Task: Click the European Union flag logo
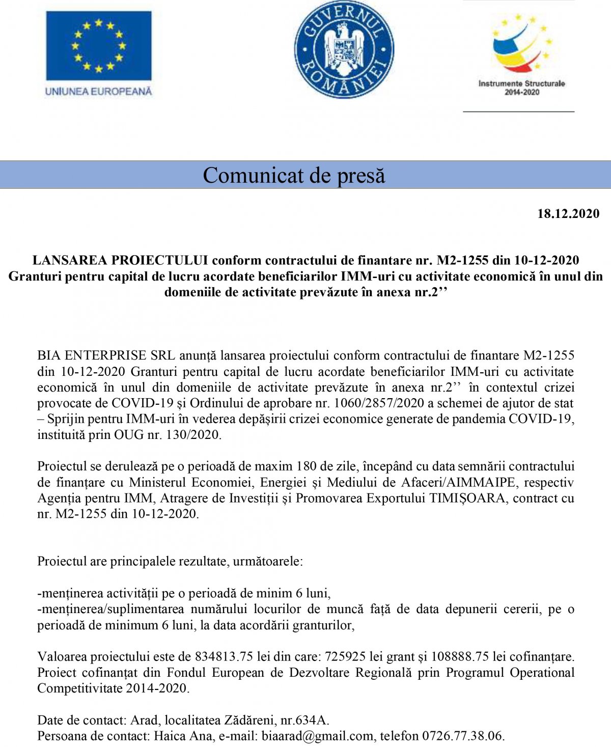99,45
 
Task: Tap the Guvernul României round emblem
344,49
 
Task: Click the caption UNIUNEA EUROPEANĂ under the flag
99,92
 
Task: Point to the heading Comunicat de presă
294,175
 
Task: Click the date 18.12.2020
568,214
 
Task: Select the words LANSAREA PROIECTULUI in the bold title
120,260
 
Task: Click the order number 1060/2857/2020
378,403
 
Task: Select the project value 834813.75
224,657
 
